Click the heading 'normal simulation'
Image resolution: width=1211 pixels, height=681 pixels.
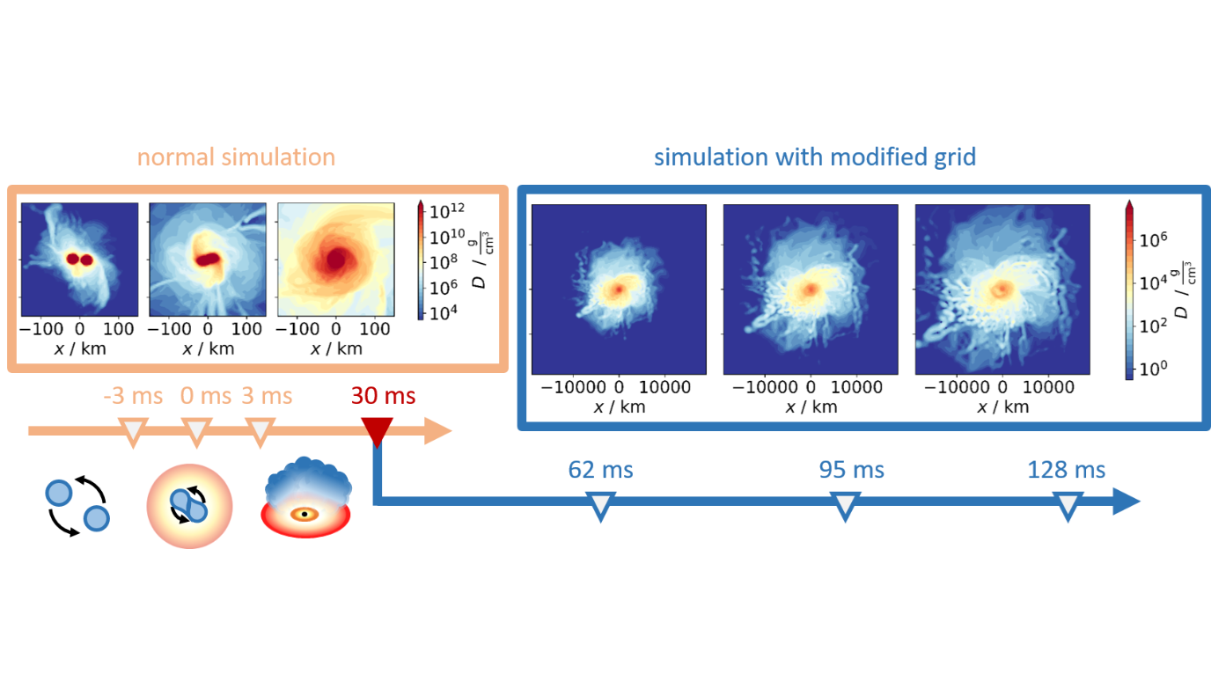click(236, 158)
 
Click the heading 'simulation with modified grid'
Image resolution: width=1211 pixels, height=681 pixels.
click(815, 158)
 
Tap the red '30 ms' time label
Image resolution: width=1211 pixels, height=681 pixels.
click(384, 396)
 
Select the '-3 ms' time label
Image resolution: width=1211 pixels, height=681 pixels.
click(134, 396)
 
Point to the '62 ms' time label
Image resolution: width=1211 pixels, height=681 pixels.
click(600, 470)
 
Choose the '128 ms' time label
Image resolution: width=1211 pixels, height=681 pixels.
click(1066, 470)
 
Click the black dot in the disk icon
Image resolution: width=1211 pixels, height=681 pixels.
click(305, 514)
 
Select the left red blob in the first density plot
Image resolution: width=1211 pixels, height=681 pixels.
click(70, 260)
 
